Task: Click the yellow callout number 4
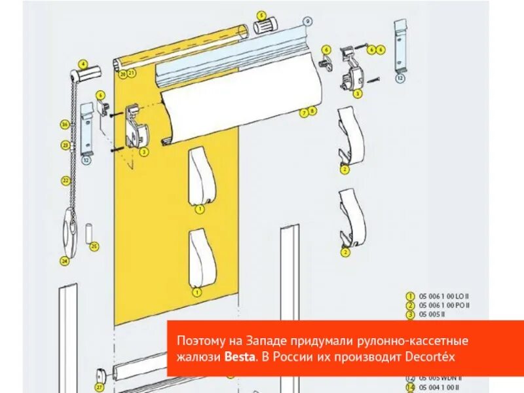click(83, 64)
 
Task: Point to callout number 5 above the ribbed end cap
click(261, 14)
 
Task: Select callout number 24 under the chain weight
click(64, 261)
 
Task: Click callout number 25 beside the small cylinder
click(94, 246)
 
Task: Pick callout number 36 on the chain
click(64, 124)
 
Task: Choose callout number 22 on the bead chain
click(65, 179)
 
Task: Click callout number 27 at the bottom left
click(99, 387)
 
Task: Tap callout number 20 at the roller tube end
click(122, 74)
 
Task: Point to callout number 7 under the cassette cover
click(304, 112)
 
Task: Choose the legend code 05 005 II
click(432, 314)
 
